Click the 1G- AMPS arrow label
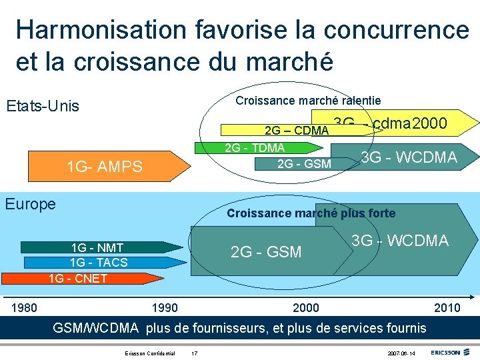[104, 167]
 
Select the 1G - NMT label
[97, 248]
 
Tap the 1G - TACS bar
[99, 263]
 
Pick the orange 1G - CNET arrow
[78, 278]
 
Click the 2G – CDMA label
[297, 130]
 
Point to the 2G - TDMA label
[255, 148]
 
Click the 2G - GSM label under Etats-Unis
[304, 163]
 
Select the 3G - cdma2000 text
[390, 123]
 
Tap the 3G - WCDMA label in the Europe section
[400, 241]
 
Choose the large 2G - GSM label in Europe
[266, 252]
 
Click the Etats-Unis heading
[42, 106]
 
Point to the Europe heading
[30, 204]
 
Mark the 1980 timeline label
[25, 307]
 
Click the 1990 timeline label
[165, 307]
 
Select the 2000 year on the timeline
[306, 307]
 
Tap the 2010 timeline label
[447, 307]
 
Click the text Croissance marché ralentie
[309, 101]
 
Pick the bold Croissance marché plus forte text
[311, 213]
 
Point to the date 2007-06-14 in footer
[401, 353]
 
